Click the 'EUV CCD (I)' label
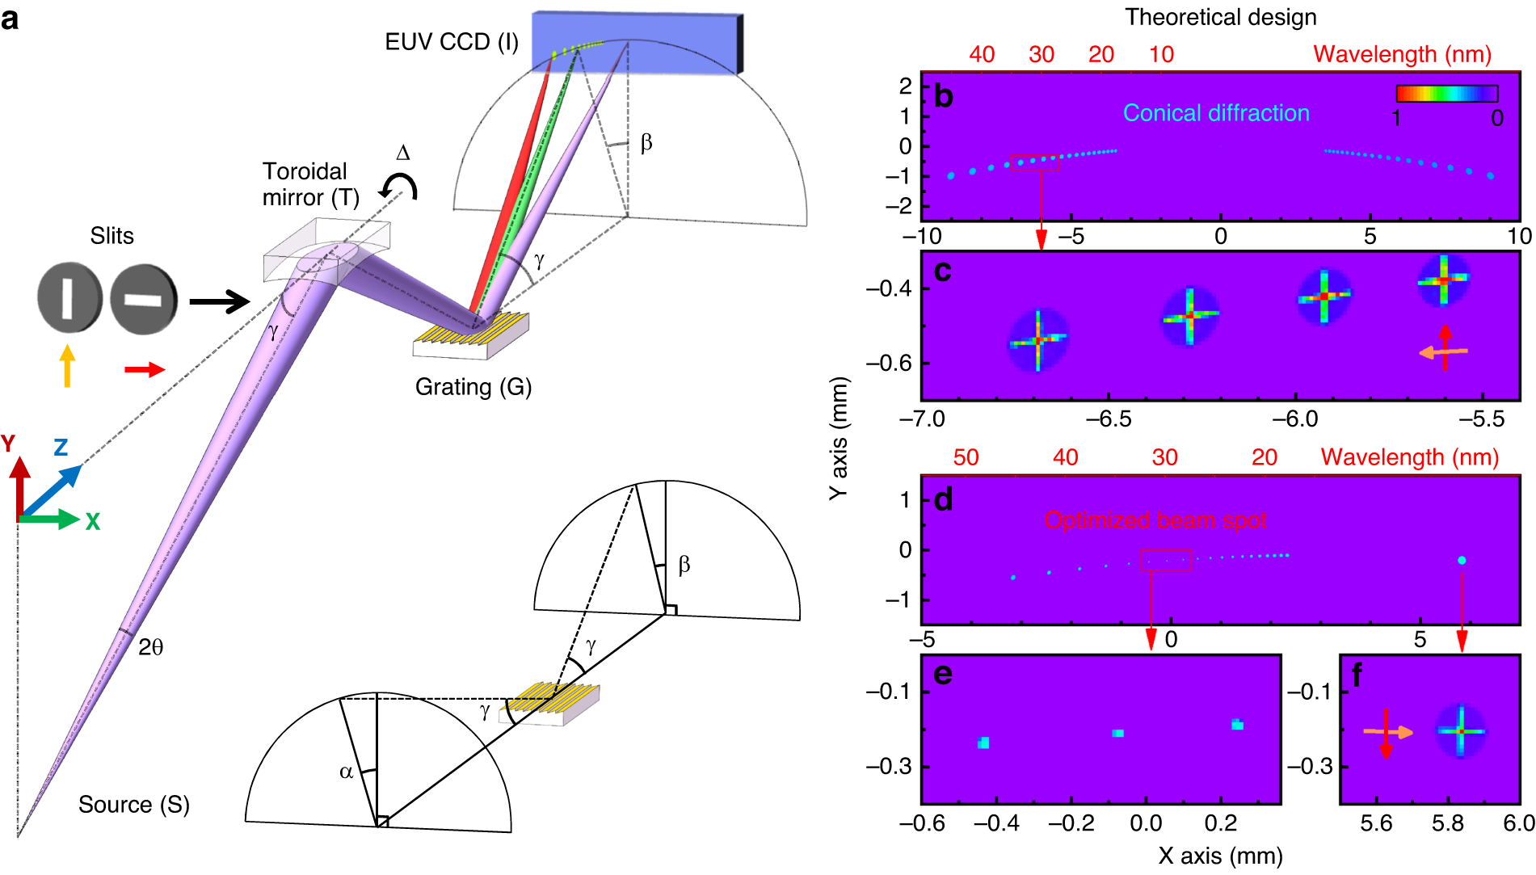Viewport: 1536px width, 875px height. pos(451,42)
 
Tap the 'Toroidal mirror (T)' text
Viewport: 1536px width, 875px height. pos(311,184)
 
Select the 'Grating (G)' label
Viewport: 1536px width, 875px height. pos(473,387)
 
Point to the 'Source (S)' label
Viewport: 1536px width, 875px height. pos(133,805)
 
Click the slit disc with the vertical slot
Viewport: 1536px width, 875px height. pos(69,297)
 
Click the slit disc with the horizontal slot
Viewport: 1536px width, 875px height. pos(143,300)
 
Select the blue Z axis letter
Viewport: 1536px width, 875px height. pos(61,448)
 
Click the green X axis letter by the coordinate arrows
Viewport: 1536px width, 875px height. pos(93,522)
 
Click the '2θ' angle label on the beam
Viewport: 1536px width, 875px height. pos(151,647)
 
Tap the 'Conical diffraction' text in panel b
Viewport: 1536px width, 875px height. pos(1216,113)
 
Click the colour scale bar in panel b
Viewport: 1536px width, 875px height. pos(1446,94)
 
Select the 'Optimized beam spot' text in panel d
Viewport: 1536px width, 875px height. pos(1155,520)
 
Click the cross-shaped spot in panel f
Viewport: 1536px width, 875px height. pos(1461,731)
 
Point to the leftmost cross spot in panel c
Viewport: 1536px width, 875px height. pos(1038,340)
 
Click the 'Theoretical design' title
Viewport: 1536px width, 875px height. pos(1221,17)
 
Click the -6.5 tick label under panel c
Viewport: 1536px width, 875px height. pos(1109,419)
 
